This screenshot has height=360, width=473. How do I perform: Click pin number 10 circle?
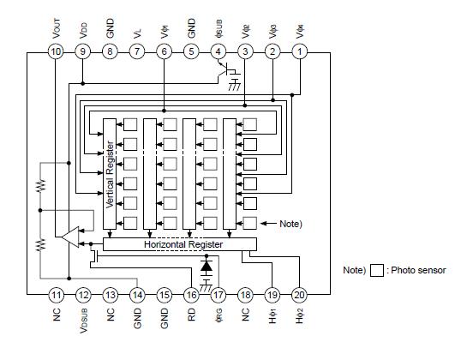(x=56, y=52)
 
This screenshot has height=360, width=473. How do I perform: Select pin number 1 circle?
(x=300, y=52)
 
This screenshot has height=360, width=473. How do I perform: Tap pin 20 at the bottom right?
(x=300, y=295)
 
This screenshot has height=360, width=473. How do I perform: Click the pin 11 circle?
(x=56, y=295)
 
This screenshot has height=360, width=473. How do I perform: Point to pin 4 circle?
(x=219, y=52)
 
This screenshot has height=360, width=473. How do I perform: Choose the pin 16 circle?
(x=191, y=295)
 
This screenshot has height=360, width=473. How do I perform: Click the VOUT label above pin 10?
(x=56, y=26)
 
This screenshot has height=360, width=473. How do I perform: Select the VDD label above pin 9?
(x=82, y=27)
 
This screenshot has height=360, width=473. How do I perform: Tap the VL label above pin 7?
(x=137, y=29)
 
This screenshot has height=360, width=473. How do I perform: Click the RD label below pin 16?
(x=191, y=317)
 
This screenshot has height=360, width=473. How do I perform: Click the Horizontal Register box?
(x=183, y=244)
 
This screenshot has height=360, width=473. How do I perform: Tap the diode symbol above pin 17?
(x=207, y=267)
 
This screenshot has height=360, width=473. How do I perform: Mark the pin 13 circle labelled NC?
(x=110, y=295)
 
